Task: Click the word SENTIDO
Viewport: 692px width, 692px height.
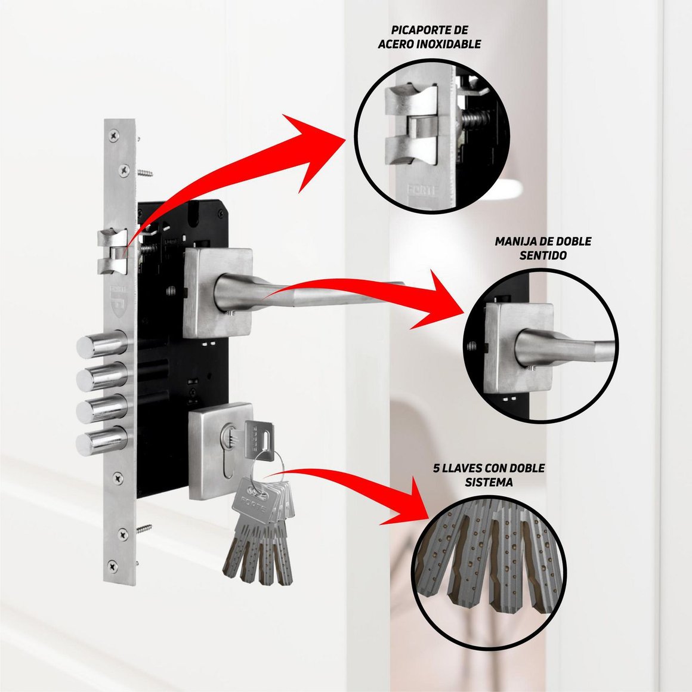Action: click(543, 255)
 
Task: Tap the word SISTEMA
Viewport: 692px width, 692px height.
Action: click(489, 483)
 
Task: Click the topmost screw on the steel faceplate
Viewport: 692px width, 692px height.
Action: click(115, 135)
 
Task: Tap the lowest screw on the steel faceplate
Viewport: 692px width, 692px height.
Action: click(113, 566)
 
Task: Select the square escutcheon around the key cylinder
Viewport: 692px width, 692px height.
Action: click(221, 451)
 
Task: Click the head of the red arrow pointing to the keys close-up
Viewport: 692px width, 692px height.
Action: click(408, 503)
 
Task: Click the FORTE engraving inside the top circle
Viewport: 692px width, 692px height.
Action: click(421, 190)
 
